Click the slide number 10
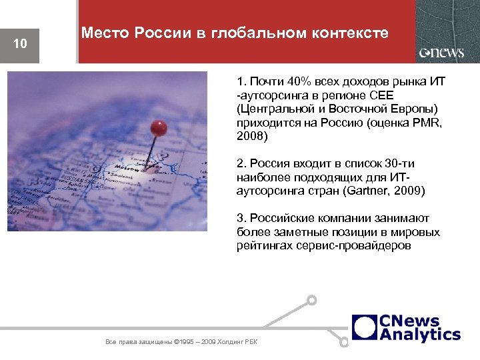(x=20, y=44)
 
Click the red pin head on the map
(x=158, y=127)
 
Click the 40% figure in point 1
(x=294, y=82)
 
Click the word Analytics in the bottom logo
(x=420, y=334)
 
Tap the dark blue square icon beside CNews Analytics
(x=364, y=327)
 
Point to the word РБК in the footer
(x=251, y=343)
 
